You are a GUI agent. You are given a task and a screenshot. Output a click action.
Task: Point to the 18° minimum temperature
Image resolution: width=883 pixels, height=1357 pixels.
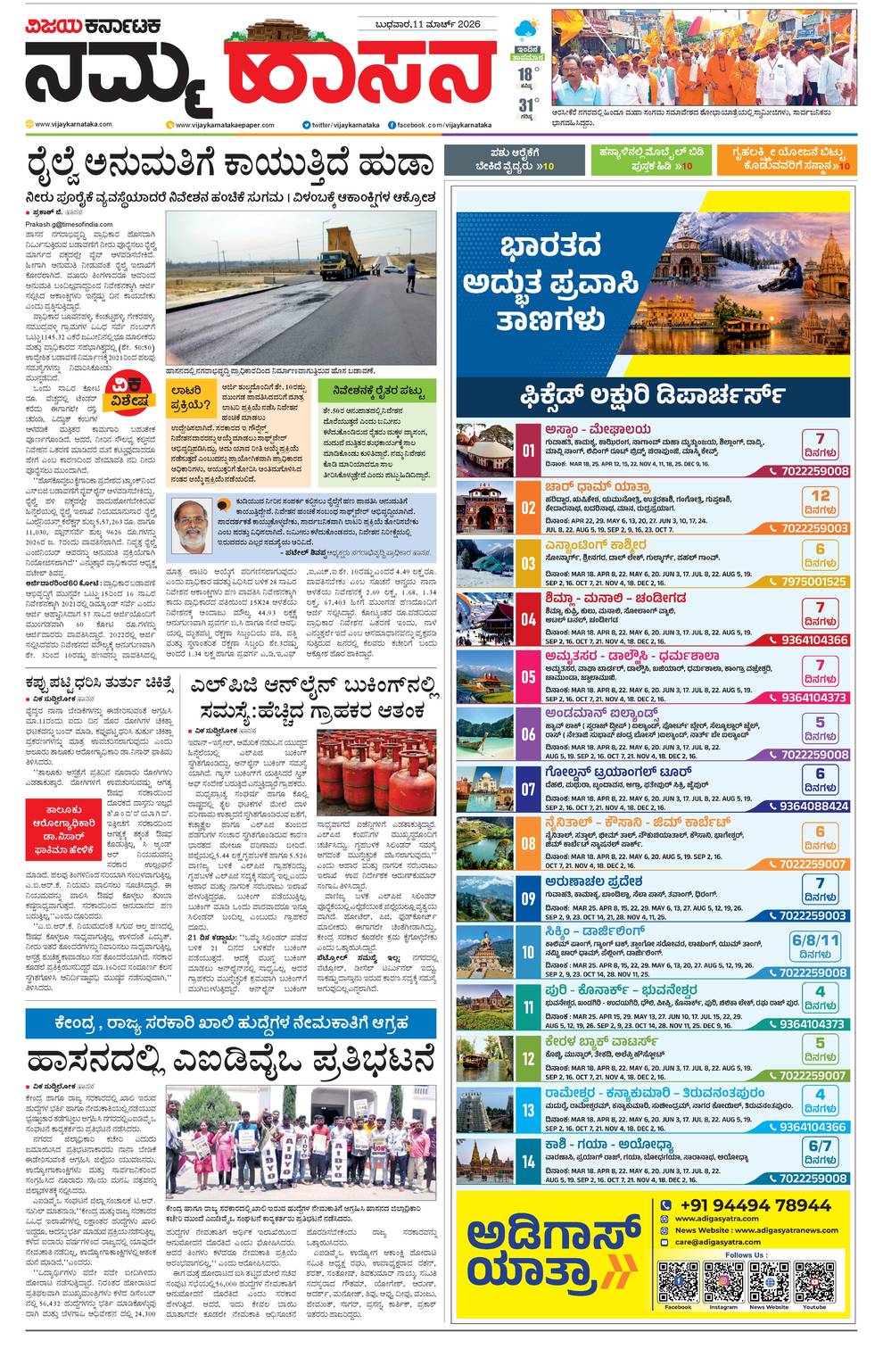click(x=528, y=74)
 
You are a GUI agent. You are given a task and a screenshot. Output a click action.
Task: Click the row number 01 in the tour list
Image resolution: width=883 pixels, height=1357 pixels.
click(x=529, y=450)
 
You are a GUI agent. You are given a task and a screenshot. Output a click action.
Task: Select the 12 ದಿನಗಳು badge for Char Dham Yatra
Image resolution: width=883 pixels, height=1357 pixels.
click(x=820, y=502)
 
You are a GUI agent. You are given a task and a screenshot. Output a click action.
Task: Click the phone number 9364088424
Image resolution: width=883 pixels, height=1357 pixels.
click(x=813, y=806)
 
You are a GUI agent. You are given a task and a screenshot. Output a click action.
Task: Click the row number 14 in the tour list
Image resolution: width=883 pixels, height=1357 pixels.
click(x=529, y=1161)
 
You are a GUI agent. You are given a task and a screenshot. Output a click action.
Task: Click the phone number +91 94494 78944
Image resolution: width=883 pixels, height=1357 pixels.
click(x=754, y=1205)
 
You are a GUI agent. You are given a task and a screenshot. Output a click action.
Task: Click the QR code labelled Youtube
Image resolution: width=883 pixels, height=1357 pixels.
click(x=814, y=1282)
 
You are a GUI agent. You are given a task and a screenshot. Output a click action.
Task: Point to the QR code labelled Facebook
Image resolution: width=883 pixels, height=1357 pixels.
click(x=678, y=1282)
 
